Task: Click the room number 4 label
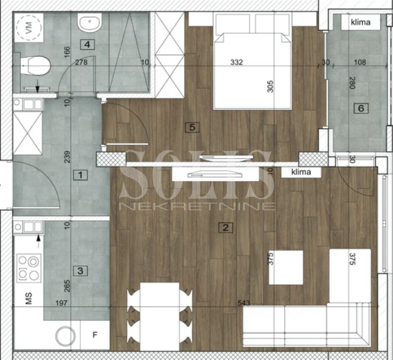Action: (87, 45)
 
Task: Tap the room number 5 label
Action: (192, 127)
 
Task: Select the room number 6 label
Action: (361, 109)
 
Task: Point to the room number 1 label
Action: (80, 175)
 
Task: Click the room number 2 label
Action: (225, 228)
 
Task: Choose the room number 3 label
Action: (80, 271)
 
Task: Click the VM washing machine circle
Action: (29, 27)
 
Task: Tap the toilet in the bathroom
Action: (35, 66)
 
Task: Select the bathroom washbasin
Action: (90, 22)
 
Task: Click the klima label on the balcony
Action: (360, 22)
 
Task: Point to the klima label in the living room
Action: (302, 172)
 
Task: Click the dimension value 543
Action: (244, 303)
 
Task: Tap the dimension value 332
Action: (236, 62)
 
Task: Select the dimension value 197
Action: (61, 303)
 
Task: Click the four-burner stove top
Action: (29, 269)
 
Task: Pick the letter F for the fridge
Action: (95, 335)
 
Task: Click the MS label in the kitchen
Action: (29, 299)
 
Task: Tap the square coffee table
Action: (286, 267)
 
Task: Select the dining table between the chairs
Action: (160, 316)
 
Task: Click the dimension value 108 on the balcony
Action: (360, 62)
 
